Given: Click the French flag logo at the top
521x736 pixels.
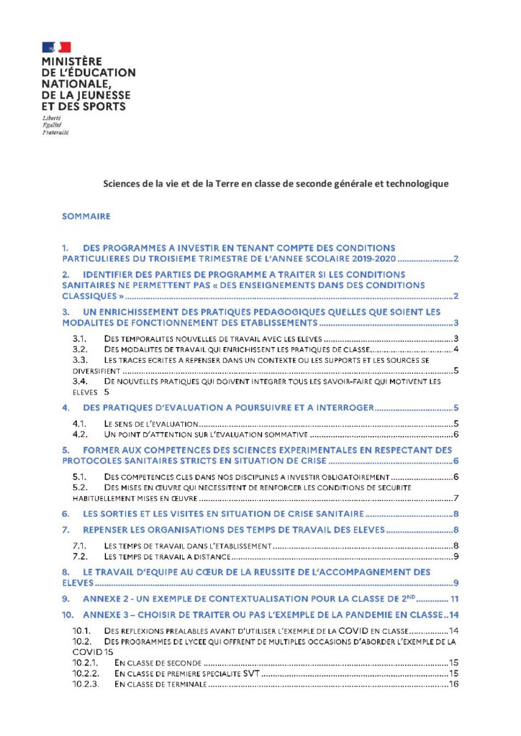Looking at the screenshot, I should tap(57, 47).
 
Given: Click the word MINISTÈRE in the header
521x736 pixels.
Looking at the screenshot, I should tap(72, 62).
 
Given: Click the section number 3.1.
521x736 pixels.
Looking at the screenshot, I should tap(81, 339).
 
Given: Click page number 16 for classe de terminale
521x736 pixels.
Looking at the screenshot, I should tap(453, 685).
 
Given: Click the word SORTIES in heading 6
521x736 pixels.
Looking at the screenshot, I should tap(115, 514).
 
